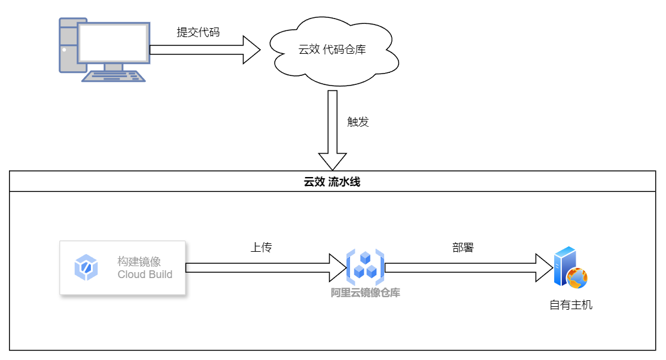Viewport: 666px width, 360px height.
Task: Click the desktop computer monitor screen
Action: [113, 42]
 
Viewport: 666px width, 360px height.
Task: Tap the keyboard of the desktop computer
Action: [114, 77]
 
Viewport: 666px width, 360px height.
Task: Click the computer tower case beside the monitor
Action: [68, 45]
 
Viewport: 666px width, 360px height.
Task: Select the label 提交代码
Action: [198, 32]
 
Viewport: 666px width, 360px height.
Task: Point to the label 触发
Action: [358, 122]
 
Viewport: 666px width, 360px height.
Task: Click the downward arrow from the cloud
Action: [333, 129]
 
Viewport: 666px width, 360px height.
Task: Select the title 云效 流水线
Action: [332, 182]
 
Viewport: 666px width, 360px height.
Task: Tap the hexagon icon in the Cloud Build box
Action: [86, 267]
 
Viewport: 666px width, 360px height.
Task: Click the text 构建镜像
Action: [139, 261]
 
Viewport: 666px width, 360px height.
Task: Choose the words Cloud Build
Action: [145, 275]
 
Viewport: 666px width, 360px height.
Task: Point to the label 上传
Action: [261, 248]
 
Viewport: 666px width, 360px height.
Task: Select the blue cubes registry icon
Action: [365, 267]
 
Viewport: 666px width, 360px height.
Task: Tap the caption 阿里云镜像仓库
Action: [365, 293]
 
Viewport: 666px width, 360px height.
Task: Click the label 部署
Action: [463, 248]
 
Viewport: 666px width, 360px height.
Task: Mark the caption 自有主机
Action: [571, 305]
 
